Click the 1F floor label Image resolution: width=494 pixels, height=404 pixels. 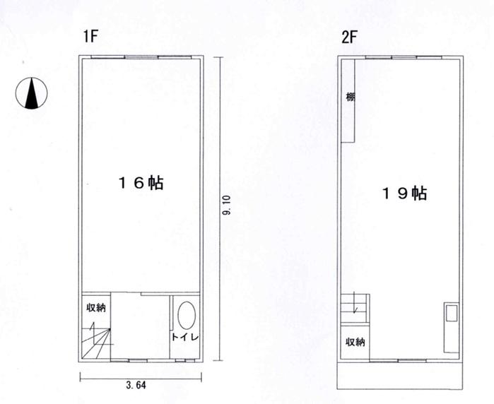[90, 36]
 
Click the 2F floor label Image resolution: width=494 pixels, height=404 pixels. [349, 37]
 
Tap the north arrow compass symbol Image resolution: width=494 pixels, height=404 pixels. [32, 93]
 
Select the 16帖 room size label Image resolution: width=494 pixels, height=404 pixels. [141, 183]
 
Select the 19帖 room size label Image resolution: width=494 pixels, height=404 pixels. [404, 193]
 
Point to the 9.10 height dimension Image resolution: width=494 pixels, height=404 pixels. [227, 206]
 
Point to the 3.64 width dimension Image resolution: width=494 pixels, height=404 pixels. [136, 385]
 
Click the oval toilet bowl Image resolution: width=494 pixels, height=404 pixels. [187, 316]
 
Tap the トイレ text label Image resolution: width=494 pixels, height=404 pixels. [185, 337]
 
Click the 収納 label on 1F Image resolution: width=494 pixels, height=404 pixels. [96, 308]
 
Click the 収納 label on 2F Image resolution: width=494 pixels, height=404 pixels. [355, 342]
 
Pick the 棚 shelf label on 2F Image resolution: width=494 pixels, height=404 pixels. [351, 97]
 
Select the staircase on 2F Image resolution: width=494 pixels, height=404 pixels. [355, 308]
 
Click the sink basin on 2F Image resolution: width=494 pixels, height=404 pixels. [452, 314]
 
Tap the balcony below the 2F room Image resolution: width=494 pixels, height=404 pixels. [400, 376]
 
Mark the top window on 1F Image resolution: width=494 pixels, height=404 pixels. [141, 57]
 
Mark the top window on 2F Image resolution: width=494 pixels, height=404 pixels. [404, 57]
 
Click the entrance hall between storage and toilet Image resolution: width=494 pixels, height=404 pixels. [140, 326]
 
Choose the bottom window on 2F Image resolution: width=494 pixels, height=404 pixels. [398, 360]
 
